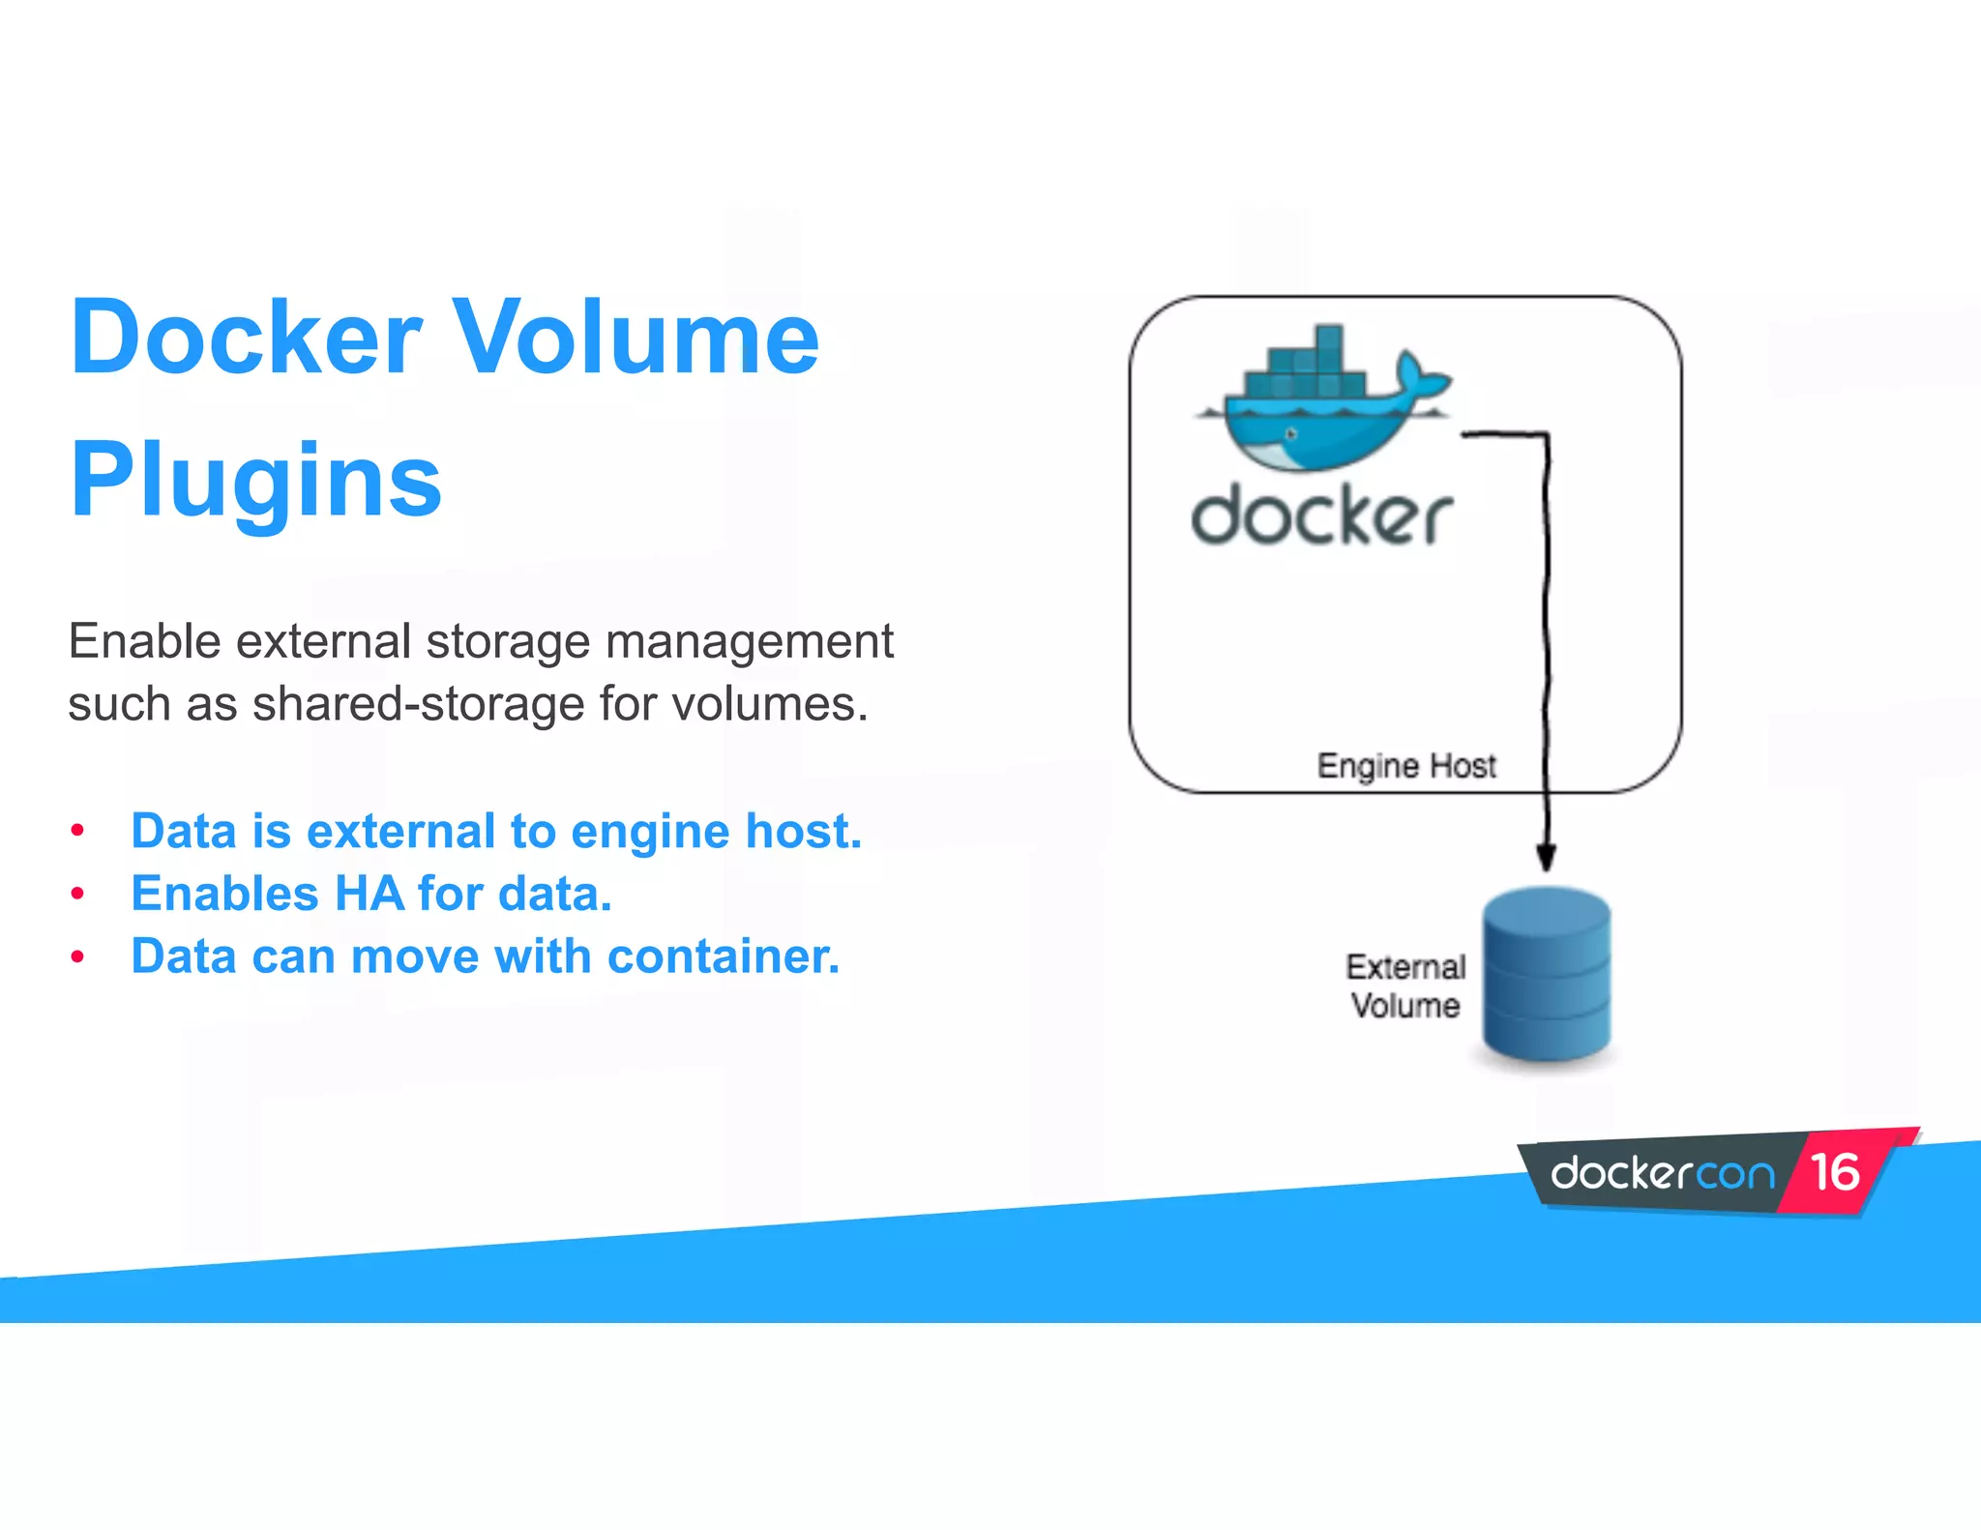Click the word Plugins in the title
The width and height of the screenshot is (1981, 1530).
click(256, 481)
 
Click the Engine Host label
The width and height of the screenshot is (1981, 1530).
click(1405, 766)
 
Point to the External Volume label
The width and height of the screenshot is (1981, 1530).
click(1405, 986)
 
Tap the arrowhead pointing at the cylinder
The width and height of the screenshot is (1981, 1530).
click(1546, 857)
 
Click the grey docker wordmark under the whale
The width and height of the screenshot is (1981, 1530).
click(1321, 516)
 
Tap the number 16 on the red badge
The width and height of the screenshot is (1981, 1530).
click(1835, 1172)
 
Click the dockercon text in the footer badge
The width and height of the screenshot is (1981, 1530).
click(1662, 1174)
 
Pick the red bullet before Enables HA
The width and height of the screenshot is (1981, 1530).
click(78, 894)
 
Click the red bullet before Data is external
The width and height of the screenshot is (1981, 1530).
click(78, 831)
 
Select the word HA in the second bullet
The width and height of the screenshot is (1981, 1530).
click(368, 894)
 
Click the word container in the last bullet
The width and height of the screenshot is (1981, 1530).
click(724, 956)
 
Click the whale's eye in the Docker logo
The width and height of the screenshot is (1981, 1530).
click(1290, 433)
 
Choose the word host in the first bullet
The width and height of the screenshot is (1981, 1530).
click(812, 831)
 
